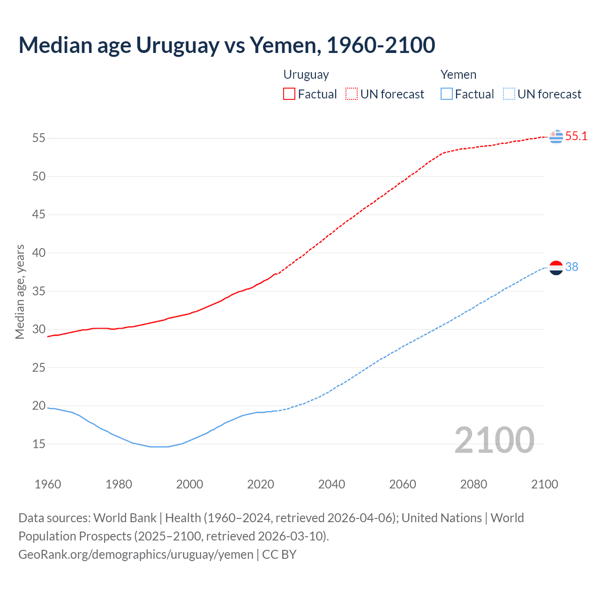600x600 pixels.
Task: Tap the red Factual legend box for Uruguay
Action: coord(289,94)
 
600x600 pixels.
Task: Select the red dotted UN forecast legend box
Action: coord(352,94)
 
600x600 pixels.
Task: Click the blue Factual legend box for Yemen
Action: coord(446,94)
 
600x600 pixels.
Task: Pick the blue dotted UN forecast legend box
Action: coord(509,94)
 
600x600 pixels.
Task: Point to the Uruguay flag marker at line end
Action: coord(556,136)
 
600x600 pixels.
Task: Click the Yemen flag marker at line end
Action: coord(556,268)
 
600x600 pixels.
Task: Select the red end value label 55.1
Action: coord(576,136)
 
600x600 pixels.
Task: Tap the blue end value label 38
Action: coord(572,267)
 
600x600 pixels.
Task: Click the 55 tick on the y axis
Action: coord(39,138)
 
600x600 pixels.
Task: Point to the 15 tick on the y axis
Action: coord(39,444)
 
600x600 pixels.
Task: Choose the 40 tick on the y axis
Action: coord(39,253)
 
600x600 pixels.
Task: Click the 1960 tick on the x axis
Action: coord(48,484)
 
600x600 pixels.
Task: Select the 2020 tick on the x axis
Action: coord(261,484)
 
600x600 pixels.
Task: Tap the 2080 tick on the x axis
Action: coord(473,484)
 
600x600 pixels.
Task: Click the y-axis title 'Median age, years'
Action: coord(20,292)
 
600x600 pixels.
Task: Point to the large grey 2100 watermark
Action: coord(494,440)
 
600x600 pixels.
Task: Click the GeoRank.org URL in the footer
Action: coord(136,555)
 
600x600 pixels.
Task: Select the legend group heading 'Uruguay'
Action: coord(306,75)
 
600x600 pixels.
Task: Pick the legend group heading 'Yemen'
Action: coord(458,75)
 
